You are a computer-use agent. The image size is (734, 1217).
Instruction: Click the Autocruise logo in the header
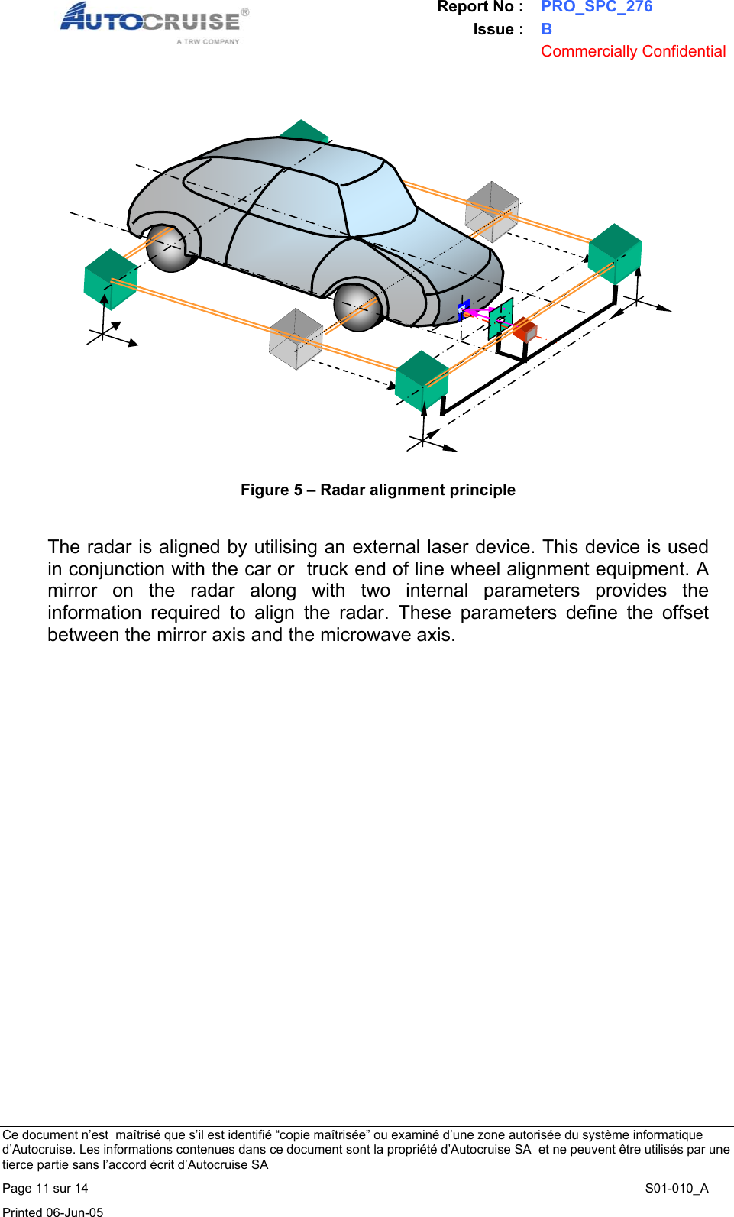[x=153, y=21]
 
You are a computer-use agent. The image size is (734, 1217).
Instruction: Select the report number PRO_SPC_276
[x=597, y=7]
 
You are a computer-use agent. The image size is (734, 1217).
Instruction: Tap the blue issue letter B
[x=546, y=29]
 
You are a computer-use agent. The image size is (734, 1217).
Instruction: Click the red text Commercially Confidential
[x=633, y=51]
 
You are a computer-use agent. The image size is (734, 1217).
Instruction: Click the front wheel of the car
[x=357, y=306]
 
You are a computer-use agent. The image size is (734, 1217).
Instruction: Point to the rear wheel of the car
[x=170, y=248]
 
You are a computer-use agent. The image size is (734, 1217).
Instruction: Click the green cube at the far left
[x=110, y=279]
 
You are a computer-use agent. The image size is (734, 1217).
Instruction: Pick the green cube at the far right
[x=615, y=253]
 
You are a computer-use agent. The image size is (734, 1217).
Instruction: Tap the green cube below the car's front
[x=422, y=379]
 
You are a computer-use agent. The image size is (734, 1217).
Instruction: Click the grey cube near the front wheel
[x=296, y=338]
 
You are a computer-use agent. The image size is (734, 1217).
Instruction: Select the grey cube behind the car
[x=492, y=211]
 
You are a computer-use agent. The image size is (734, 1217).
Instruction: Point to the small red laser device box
[x=525, y=330]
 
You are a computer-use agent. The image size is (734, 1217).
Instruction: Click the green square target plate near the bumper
[x=500, y=319]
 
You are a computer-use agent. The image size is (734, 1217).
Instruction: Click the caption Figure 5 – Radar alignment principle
[x=378, y=490]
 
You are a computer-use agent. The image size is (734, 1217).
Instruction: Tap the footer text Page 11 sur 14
[x=45, y=1188]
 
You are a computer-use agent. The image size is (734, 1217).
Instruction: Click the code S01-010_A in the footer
[x=677, y=1188]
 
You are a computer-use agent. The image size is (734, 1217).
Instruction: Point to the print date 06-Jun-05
[x=74, y=1212]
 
